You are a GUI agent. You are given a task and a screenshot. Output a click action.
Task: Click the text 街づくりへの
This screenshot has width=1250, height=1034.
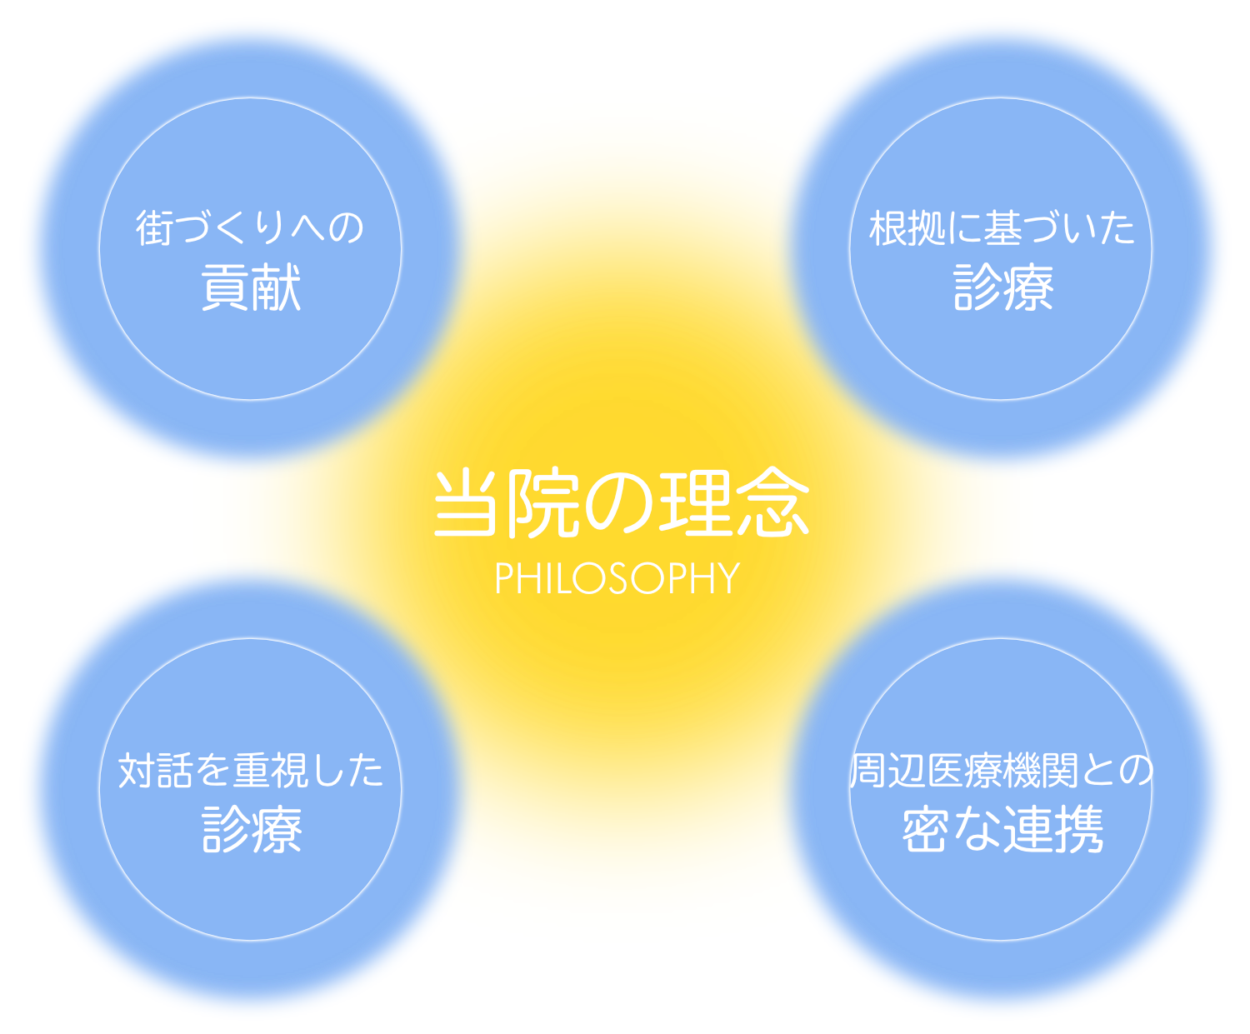coord(250,228)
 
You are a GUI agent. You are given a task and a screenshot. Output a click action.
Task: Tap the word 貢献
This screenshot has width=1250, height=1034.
coord(251,288)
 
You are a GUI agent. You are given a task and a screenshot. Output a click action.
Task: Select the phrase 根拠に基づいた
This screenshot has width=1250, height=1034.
coord(1002,228)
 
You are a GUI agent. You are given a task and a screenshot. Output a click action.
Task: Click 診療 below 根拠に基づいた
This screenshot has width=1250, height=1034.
coord(1002,288)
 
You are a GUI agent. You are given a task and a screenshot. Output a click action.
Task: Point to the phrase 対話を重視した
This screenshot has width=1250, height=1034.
coord(251,771)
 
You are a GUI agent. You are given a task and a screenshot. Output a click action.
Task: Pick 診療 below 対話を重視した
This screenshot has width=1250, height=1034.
coord(252,830)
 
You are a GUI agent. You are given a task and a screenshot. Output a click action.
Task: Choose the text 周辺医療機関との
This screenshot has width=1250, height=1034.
coord(1002,771)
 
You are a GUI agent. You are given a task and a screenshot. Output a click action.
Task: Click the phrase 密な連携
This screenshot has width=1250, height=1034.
coord(1002,830)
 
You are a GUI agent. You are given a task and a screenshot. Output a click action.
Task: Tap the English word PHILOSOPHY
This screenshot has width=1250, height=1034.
coord(617,578)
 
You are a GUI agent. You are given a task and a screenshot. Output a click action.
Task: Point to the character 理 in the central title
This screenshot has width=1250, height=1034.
coord(696,504)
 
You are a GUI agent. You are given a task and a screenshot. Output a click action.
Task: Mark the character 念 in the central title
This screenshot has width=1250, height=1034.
coord(772,504)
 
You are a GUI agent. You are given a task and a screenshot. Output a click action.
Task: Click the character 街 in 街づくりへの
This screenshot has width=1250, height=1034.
coord(155,228)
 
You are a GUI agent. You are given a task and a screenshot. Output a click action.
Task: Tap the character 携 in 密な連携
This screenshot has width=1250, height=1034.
coord(1079,830)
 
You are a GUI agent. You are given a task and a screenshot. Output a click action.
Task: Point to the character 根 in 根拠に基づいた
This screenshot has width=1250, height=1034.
coord(887,228)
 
